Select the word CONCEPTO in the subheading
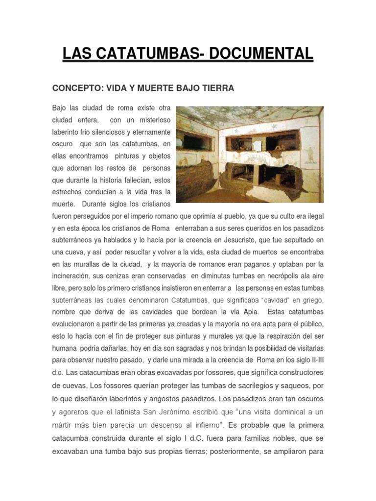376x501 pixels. pyautogui.click(x=74, y=89)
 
